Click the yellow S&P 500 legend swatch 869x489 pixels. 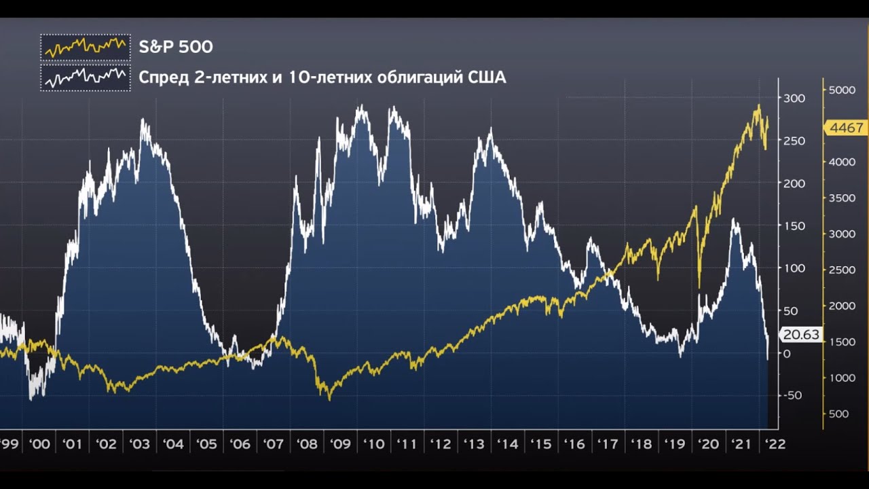tap(85, 47)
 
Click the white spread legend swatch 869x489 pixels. tap(85, 77)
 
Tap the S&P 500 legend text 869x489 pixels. tap(176, 47)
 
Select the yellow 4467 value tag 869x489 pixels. tap(846, 128)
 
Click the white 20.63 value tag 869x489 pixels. tap(801, 335)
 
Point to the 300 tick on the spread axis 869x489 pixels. tap(794, 98)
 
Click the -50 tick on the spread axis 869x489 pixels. tap(792, 396)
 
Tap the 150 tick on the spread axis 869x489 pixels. tap(794, 226)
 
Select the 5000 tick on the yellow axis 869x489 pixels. tap(841, 90)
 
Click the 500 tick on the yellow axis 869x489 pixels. tap(838, 414)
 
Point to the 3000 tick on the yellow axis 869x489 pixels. tap(841, 234)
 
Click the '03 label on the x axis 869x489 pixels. tap(140, 444)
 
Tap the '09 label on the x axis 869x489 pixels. tap(339, 444)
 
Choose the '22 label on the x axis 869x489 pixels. tap(775, 444)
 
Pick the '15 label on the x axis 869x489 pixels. tap(540, 444)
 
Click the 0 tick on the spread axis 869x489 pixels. tap(787, 354)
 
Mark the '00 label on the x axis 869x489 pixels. tap(39, 444)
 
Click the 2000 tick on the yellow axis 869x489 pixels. tap(841, 306)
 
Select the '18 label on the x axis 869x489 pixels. tap(641, 444)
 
